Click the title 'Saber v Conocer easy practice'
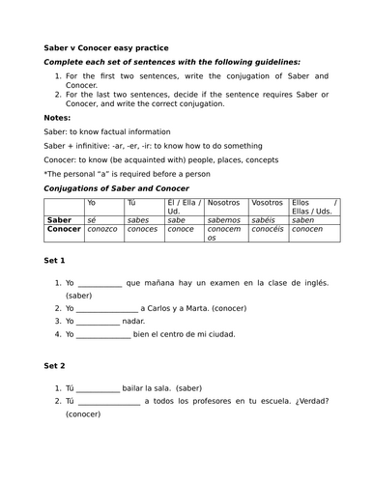106,46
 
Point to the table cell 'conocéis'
269,230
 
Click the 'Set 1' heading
56,262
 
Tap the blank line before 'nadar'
99,321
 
